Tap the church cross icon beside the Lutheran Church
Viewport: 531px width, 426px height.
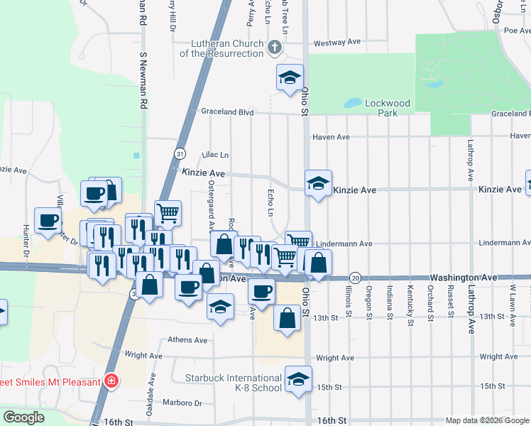(x=275, y=48)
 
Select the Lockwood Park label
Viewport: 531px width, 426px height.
(x=387, y=108)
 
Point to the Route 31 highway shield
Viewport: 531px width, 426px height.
(x=180, y=153)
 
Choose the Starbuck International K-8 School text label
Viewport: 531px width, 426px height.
(x=234, y=383)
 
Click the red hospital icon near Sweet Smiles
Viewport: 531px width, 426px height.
(x=111, y=381)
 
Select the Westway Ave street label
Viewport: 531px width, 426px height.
(x=337, y=43)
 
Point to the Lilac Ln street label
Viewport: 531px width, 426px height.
(x=215, y=155)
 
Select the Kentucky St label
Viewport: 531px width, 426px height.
(x=410, y=304)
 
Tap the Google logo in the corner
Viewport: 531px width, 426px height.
(x=24, y=417)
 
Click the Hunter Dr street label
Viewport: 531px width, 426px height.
(x=26, y=241)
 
